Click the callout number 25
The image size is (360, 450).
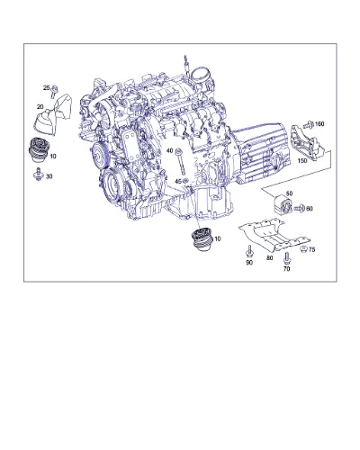tap(46, 88)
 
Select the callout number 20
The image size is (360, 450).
tap(40, 106)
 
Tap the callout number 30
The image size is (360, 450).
tap(49, 176)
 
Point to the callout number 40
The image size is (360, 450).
tap(170, 150)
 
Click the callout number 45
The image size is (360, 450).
tap(178, 181)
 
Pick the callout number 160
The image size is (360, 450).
tap(319, 123)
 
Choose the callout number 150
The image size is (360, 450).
tap(302, 160)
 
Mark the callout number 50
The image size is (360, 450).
tap(289, 193)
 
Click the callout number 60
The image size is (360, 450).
tap(309, 208)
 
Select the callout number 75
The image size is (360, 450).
tap(312, 249)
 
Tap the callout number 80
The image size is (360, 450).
tap(270, 257)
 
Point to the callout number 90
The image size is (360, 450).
tap(249, 263)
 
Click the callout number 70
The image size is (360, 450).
tap(286, 269)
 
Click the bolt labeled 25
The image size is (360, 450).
tap(54, 91)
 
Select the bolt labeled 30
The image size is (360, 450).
tap(39, 175)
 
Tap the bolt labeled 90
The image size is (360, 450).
tap(249, 251)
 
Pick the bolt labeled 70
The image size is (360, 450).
tap(286, 258)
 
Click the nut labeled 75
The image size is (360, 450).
tap(303, 248)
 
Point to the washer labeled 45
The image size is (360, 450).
tap(185, 180)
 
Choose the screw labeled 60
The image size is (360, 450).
tap(299, 208)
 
